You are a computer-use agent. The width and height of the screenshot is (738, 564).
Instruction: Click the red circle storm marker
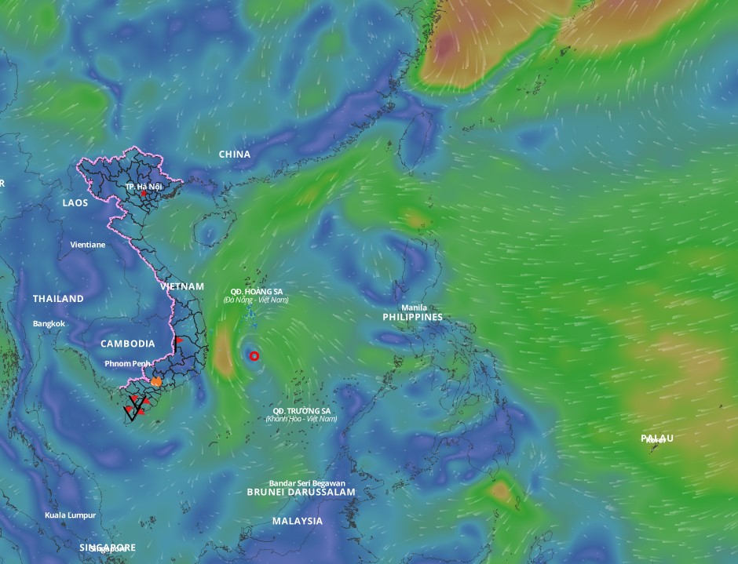tap(254, 356)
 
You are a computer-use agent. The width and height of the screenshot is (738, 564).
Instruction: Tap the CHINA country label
tap(235, 155)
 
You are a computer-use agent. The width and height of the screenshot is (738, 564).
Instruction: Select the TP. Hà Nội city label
tap(144, 187)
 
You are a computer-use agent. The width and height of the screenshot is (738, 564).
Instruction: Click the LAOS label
tap(75, 202)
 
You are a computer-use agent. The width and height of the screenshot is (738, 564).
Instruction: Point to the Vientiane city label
tap(87, 245)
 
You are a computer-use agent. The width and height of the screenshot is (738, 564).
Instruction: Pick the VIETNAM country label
tap(182, 287)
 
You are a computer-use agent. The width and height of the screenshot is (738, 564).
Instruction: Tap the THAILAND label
tap(58, 299)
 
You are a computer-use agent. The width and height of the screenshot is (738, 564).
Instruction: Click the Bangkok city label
tap(49, 324)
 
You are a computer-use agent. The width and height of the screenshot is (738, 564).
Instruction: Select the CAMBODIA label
tap(127, 344)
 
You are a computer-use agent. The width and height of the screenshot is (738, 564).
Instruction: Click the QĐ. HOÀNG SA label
tap(256, 292)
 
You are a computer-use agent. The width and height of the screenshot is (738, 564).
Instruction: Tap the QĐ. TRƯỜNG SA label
tap(301, 411)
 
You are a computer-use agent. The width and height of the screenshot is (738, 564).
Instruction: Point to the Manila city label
tap(414, 307)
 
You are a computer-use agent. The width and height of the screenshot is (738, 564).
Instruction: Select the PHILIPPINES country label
tap(412, 318)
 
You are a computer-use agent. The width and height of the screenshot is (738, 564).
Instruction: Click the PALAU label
tap(656, 438)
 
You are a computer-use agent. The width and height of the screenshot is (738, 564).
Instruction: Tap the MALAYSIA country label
tap(298, 521)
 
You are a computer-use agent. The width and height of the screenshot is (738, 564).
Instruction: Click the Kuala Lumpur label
tap(71, 515)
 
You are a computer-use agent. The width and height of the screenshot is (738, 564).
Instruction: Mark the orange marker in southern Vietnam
tap(157, 382)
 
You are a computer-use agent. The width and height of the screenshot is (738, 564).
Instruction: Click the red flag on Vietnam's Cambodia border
tap(178, 340)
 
